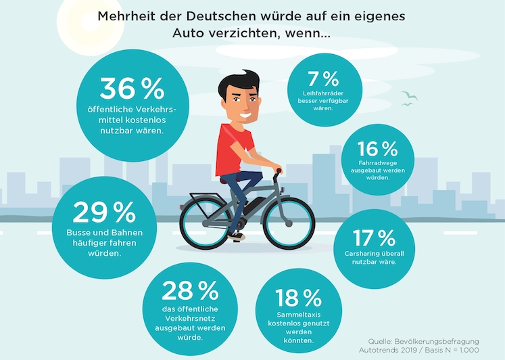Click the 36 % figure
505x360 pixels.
(x=132, y=89)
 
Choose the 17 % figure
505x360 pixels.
(x=374, y=238)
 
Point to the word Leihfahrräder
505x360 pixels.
(x=317, y=92)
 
